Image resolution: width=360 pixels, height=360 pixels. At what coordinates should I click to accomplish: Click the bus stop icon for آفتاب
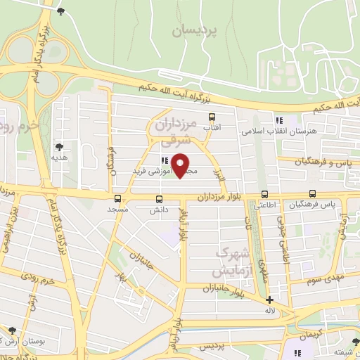point(212,117)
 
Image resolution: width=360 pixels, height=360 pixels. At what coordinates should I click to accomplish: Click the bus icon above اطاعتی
point(265,194)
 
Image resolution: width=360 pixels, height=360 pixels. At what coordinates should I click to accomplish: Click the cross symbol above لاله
point(269,299)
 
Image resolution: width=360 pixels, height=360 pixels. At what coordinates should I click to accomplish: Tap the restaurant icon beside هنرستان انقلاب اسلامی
point(280,120)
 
